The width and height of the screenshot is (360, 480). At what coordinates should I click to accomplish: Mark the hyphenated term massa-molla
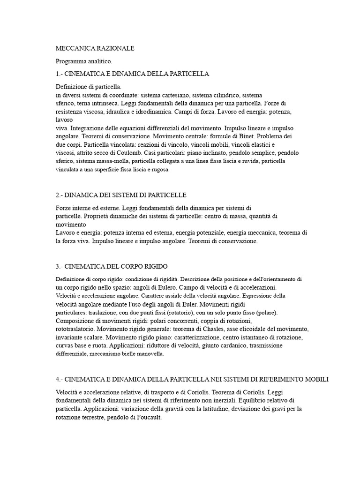(99, 161)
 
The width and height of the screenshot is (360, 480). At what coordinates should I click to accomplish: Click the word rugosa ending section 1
(159, 170)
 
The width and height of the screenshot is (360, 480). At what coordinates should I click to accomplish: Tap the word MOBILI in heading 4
(315, 379)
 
